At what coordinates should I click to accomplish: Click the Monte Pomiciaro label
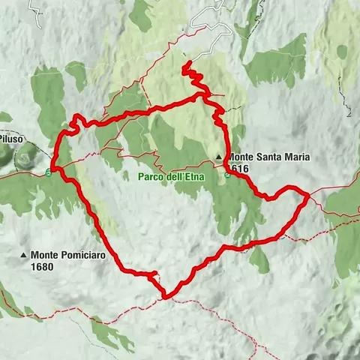click(68, 255)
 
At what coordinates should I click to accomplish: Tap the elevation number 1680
click(42, 265)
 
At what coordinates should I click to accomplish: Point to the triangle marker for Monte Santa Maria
click(219, 157)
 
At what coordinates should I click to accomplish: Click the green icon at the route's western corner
click(49, 172)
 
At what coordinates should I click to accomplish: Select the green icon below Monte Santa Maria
click(226, 175)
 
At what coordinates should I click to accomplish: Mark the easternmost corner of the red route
click(308, 196)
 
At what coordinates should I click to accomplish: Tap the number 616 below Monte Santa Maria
click(240, 169)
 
